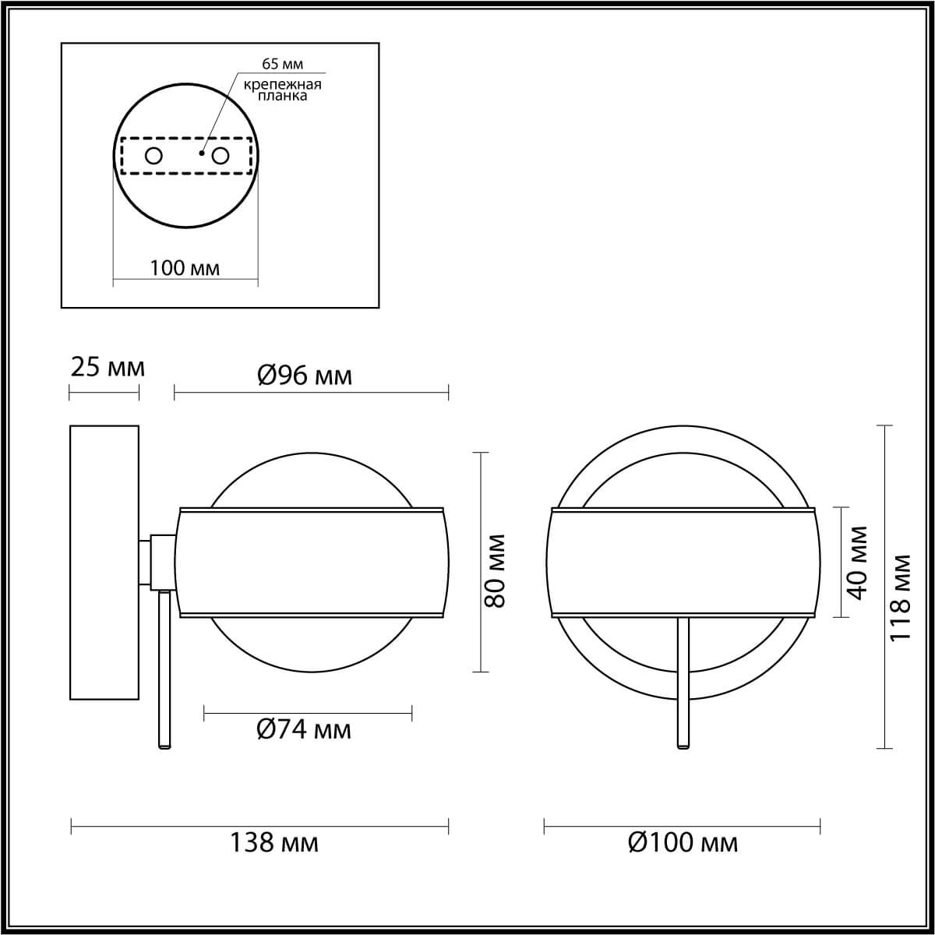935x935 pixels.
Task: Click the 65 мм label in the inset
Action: tap(282, 64)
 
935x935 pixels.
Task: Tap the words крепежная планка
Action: tap(282, 90)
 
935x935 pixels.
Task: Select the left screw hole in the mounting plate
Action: tap(153, 157)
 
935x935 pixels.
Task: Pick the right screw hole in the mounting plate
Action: tap(221, 157)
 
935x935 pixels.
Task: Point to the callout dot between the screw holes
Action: tap(201, 153)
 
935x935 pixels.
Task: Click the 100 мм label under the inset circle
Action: tap(185, 268)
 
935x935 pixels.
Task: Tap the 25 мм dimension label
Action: tap(108, 367)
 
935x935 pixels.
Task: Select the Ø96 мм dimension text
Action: tap(305, 376)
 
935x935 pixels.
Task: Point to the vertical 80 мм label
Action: tap(496, 571)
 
